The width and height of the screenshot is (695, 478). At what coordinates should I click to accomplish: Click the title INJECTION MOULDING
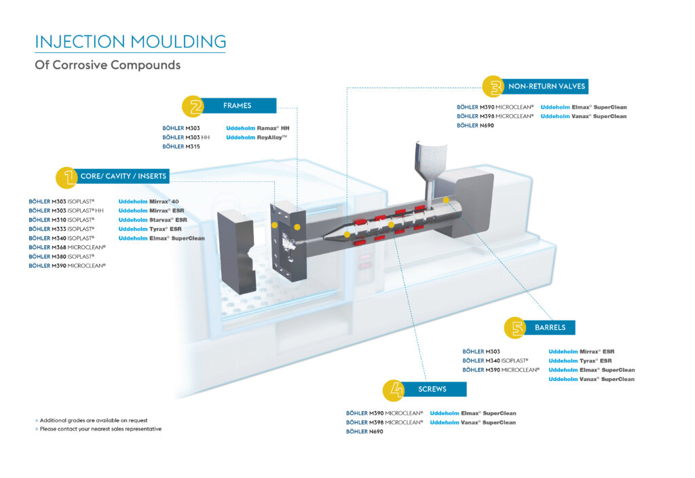click(x=130, y=41)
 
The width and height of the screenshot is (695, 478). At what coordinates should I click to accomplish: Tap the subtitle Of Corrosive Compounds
click(x=107, y=65)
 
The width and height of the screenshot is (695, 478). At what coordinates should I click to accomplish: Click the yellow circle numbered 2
click(x=194, y=107)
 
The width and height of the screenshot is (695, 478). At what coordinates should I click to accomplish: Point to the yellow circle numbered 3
click(x=493, y=86)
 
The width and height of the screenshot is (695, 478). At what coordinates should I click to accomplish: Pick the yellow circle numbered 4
click(x=394, y=390)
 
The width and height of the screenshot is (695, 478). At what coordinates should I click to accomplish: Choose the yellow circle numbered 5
click(x=515, y=328)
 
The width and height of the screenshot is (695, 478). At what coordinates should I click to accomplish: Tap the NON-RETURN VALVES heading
click(x=546, y=86)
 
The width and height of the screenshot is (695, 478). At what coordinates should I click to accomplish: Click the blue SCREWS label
click(x=432, y=389)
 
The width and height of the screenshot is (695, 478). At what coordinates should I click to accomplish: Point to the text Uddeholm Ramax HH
click(x=258, y=128)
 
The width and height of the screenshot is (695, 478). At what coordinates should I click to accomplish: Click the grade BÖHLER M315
click(x=181, y=147)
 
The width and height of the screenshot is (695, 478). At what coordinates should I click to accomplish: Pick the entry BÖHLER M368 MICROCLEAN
click(x=67, y=247)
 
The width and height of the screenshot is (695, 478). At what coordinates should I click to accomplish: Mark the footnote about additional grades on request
click(x=94, y=420)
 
